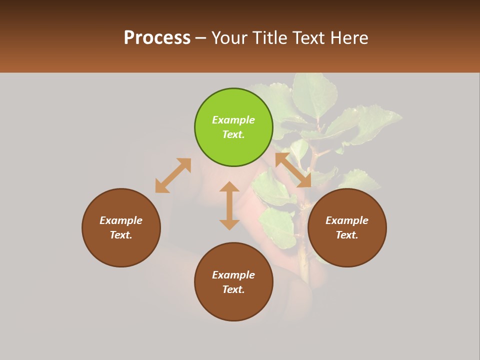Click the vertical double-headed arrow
pyautogui.click(x=229, y=205)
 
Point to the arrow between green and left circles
pyautogui.click(x=173, y=175)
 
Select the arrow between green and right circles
pyautogui.click(x=293, y=170)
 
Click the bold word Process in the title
pyautogui.click(x=157, y=38)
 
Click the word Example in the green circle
pyautogui.click(x=233, y=120)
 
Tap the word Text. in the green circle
pyautogui.click(x=233, y=134)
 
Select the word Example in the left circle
pyautogui.click(x=121, y=220)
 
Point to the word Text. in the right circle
pyautogui.click(x=347, y=235)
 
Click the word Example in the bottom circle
pyautogui.click(x=233, y=275)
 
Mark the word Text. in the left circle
pyautogui.click(x=121, y=235)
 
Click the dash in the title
pyautogui.click(x=200, y=38)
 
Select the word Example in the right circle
pyautogui.click(x=347, y=220)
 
